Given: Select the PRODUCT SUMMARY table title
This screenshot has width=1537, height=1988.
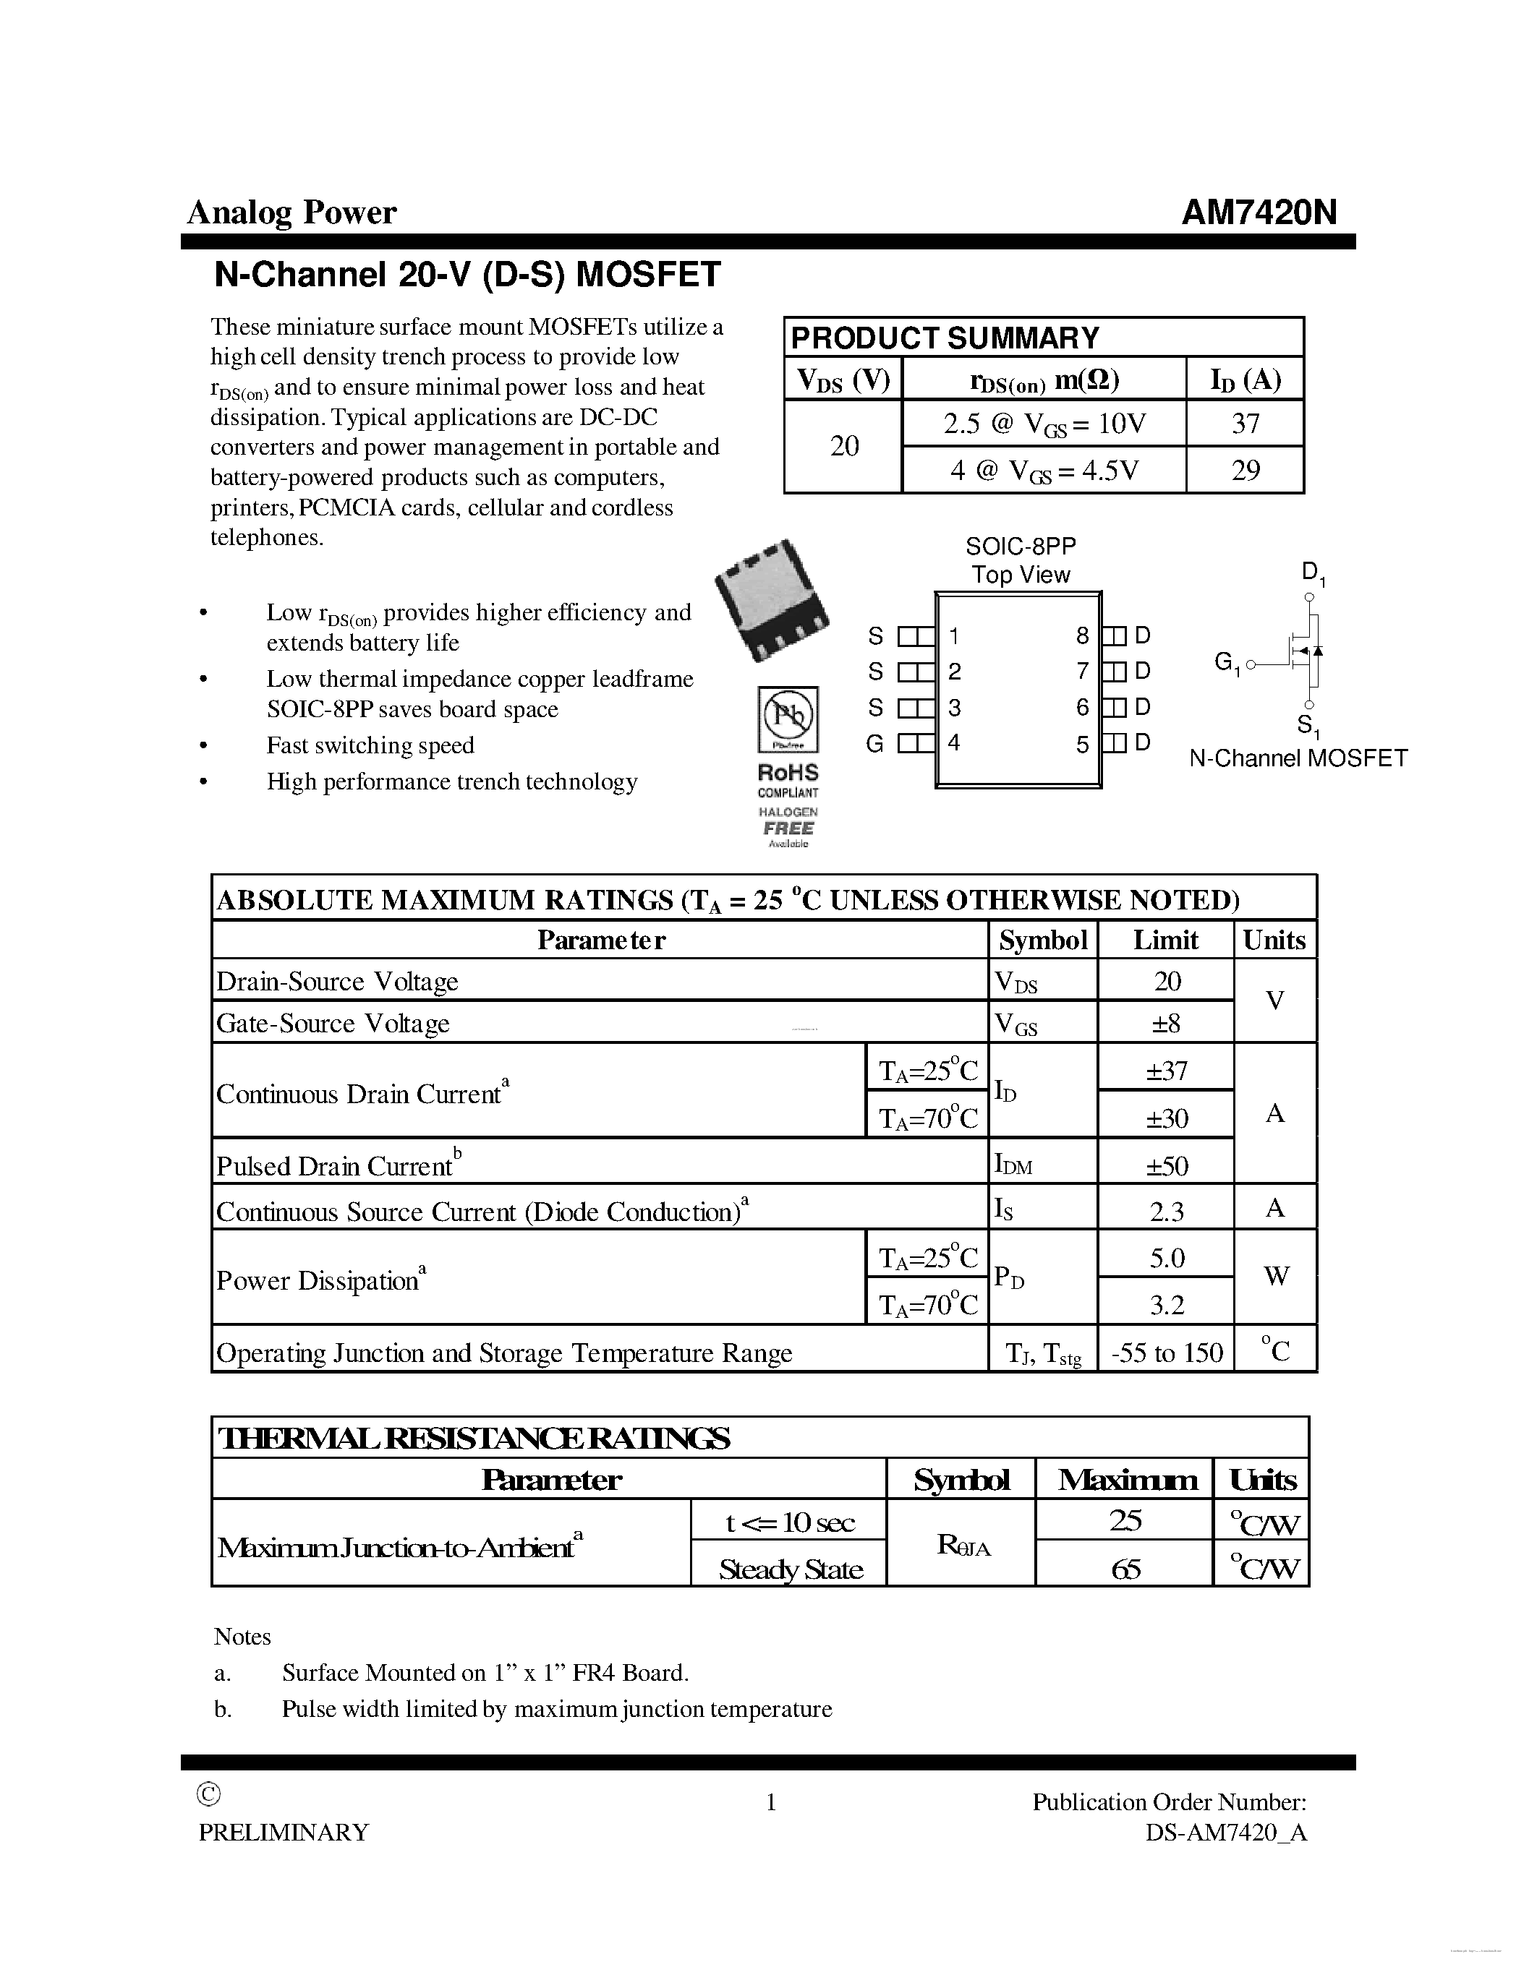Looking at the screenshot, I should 944,338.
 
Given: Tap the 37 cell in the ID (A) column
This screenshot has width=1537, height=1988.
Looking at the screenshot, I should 1245,424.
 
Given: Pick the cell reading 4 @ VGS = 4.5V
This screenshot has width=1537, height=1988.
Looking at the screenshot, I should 1044,471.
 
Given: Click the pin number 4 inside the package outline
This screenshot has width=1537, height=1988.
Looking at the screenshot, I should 953,742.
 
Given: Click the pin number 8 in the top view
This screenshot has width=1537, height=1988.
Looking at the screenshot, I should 1082,635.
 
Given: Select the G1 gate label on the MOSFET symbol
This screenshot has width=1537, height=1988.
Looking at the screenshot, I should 1227,664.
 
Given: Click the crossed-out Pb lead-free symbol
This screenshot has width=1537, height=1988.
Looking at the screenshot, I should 788,717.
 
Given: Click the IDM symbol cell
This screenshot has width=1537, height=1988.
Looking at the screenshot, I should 1013,1164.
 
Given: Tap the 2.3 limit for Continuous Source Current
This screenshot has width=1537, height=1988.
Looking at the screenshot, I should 1167,1212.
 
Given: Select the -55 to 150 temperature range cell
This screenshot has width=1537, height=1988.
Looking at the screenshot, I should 1167,1353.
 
